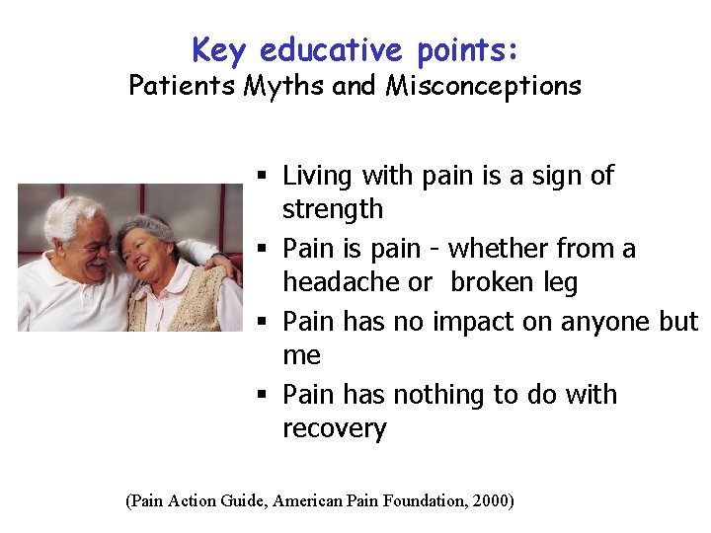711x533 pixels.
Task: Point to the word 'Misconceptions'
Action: click(x=484, y=86)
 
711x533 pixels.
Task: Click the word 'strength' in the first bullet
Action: click(x=333, y=209)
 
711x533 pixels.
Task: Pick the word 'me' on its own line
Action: click(x=301, y=355)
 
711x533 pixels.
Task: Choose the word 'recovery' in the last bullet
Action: click(x=335, y=429)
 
